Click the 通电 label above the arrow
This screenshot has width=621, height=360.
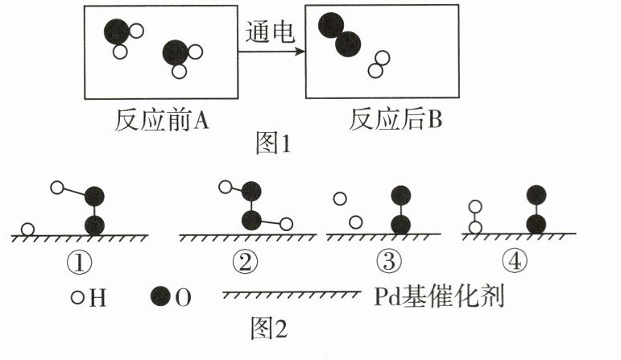[270, 33]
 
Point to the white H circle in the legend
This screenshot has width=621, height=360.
[78, 297]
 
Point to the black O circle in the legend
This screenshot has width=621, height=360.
[161, 297]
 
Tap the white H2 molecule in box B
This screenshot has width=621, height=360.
[379, 65]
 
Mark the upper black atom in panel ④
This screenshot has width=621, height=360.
[536, 196]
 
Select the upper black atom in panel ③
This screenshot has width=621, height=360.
[400, 196]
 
